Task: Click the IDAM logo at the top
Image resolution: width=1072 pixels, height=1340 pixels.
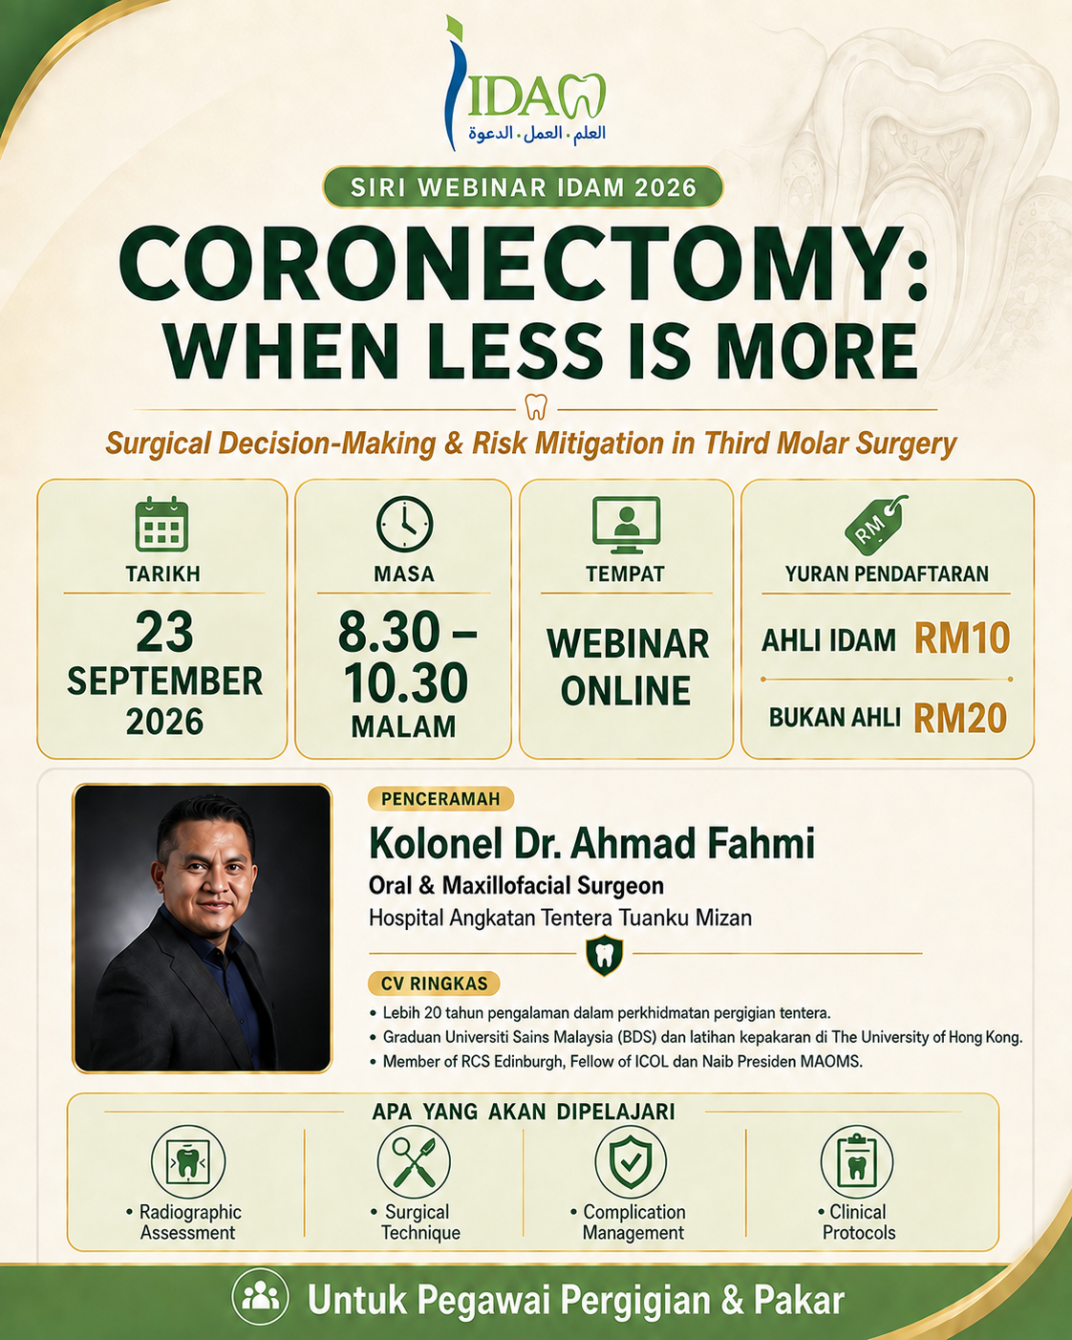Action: click(525, 83)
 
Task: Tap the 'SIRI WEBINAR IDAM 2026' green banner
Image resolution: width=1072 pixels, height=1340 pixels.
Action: click(523, 186)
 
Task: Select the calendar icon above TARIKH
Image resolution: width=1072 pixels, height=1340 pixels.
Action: click(161, 524)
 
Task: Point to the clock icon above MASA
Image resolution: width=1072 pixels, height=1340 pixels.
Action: click(405, 524)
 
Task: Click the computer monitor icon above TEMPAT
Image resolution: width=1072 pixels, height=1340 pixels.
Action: click(626, 525)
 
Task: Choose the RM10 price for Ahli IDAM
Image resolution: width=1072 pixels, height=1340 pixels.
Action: click(962, 638)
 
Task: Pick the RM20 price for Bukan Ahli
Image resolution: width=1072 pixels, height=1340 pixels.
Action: click(960, 718)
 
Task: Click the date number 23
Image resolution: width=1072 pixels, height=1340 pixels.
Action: click(164, 632)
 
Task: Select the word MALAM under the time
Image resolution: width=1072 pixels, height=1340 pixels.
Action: click(403, 726)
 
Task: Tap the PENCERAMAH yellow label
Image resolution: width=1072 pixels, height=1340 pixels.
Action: click(440, 798)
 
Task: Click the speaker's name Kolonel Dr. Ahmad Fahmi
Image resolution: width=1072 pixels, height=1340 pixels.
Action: click(591, 843)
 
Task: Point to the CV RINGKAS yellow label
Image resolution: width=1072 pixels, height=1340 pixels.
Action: click(434, 983)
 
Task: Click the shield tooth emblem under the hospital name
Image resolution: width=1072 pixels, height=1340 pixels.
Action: click(605, 955)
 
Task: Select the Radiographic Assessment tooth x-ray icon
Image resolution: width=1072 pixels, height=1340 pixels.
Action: click(188, 1161)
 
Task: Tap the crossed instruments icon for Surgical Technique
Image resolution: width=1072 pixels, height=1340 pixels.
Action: click(414, 1161)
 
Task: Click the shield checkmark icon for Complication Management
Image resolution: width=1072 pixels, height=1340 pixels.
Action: click(631, 1161)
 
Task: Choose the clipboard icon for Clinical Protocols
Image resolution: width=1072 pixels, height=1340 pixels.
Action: click(857, 1161)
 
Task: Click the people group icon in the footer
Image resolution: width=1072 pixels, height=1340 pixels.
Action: click(260, 1297)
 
